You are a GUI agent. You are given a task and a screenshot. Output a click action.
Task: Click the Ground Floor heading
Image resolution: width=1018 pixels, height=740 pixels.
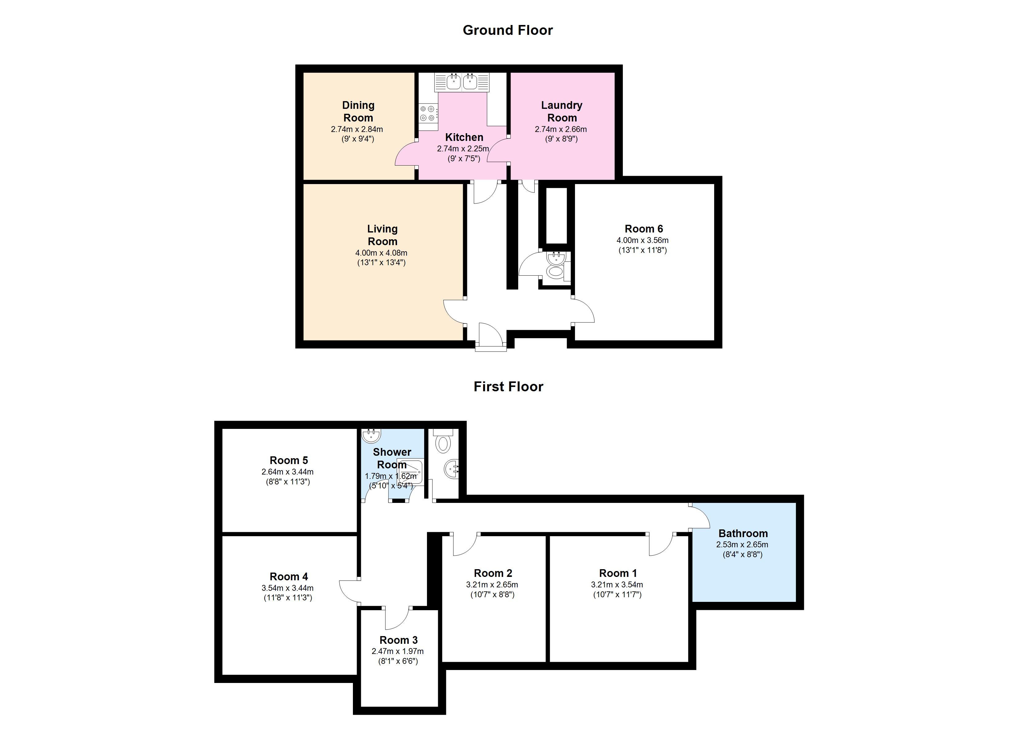508,30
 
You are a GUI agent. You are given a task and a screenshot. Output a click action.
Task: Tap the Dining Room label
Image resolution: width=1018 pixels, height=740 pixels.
358,111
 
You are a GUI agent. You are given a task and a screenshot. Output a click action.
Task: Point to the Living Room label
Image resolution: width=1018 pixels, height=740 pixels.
383,235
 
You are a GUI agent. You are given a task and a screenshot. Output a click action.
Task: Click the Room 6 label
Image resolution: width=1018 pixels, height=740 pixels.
644,229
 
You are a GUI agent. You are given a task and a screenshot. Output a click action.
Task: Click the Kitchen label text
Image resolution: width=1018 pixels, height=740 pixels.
464,137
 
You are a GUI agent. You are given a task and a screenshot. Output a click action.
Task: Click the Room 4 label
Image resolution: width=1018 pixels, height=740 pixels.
289,577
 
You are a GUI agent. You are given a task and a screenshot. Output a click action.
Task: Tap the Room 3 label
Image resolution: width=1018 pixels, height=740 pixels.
399,640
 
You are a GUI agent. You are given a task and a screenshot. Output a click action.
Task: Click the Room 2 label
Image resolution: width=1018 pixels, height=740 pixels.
493,573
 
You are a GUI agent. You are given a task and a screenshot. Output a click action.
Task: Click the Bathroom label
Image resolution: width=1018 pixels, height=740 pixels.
743,534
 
